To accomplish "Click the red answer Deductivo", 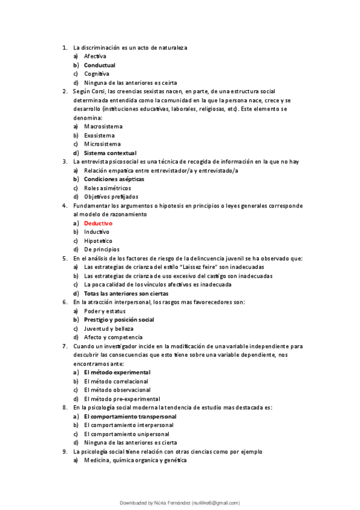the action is point(98,223).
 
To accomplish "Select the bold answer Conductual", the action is point(100,65).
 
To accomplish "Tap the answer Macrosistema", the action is point(103,126).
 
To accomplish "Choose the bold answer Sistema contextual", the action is point(110,153).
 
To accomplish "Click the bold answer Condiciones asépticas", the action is point(114,179).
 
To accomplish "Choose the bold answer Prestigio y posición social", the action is point(119,319).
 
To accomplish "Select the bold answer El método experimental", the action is point(117,372).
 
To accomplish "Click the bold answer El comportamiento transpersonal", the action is point(130,416).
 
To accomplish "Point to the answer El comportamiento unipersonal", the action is point(126,434).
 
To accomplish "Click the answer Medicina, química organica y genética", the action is point(135,460).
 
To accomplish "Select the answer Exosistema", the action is point(99,135).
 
